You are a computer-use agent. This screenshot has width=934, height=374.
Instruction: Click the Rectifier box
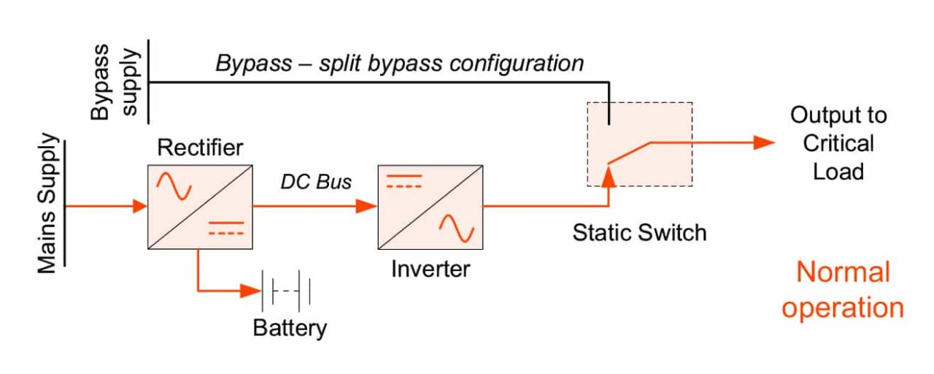pyautogui.click(x=199, y=206)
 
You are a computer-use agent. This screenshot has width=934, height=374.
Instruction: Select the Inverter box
pyautogui.click(x=429, y=206)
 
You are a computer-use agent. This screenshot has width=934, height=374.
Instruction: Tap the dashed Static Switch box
pyautogui.click(x=639, y=144)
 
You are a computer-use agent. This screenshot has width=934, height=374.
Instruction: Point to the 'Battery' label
pyautogui.click(x=290, y=328)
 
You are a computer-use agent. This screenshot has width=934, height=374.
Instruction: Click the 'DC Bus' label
pyautogui.click(x=316, y=182)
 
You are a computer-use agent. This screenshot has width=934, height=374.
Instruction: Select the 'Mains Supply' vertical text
pyautogui.click(x=47, y=204)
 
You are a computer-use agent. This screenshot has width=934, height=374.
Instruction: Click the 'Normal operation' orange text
pyautogui.click(x=843, y=290)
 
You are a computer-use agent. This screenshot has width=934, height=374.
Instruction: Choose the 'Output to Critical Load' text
pyautogui.click(x=838, y=143)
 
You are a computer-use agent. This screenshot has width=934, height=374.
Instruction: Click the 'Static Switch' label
pyautogui.click(x=639, y=233)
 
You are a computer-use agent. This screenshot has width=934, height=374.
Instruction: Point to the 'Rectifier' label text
pyautogui.click(x=200, y=148)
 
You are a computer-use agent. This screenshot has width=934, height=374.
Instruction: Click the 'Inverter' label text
pyautogui.click(x=431, y=269)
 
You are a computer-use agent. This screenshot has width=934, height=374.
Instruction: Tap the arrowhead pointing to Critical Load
pyautogui.click(x=764, y=142)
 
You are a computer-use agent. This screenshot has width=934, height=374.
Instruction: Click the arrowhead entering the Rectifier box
pyautogui.click(x=140, y=207)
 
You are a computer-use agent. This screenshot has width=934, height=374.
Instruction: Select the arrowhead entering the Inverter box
pyautogui.click(x=369, y=207)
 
